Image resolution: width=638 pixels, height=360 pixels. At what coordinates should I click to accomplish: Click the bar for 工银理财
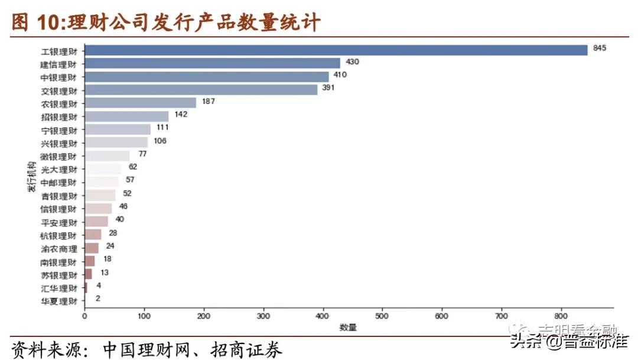pos(336,50)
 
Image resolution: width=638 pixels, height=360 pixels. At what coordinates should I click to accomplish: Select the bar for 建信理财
pos(213,63)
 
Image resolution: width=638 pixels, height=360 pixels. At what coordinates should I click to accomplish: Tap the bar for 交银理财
pos(201,90)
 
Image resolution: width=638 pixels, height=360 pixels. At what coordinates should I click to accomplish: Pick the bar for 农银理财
pos(141,103)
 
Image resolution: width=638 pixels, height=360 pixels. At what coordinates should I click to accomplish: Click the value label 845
pos(600,48)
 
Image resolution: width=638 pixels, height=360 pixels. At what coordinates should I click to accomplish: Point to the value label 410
pos(340,74)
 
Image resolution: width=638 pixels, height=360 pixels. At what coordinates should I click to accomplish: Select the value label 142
pos(181,114)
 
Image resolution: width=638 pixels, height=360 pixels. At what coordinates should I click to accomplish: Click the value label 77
pos(142,154)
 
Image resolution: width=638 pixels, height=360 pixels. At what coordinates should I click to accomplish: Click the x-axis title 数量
pos(348,327)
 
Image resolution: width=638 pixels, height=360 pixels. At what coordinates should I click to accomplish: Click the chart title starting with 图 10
pos(166,22)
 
